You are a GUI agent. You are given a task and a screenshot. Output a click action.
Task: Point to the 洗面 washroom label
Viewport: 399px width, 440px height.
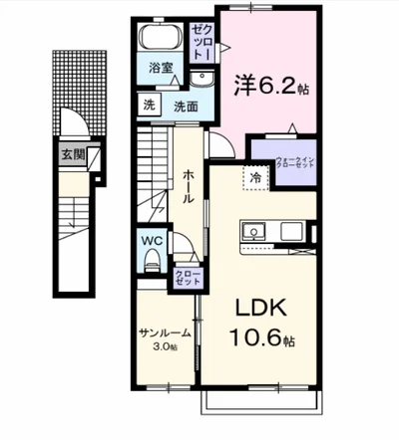185,106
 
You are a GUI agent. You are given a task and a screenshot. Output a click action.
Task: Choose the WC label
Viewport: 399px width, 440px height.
151,240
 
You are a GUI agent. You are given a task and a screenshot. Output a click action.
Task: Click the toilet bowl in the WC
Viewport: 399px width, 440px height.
151,261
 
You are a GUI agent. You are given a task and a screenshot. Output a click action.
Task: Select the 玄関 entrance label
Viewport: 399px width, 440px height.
73,154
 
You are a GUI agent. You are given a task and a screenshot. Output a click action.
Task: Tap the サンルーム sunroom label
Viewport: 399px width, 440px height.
164,333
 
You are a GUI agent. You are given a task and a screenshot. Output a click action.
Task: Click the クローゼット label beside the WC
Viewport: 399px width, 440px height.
187,277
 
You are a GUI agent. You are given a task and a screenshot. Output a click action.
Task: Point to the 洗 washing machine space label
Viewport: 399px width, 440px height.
147,106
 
